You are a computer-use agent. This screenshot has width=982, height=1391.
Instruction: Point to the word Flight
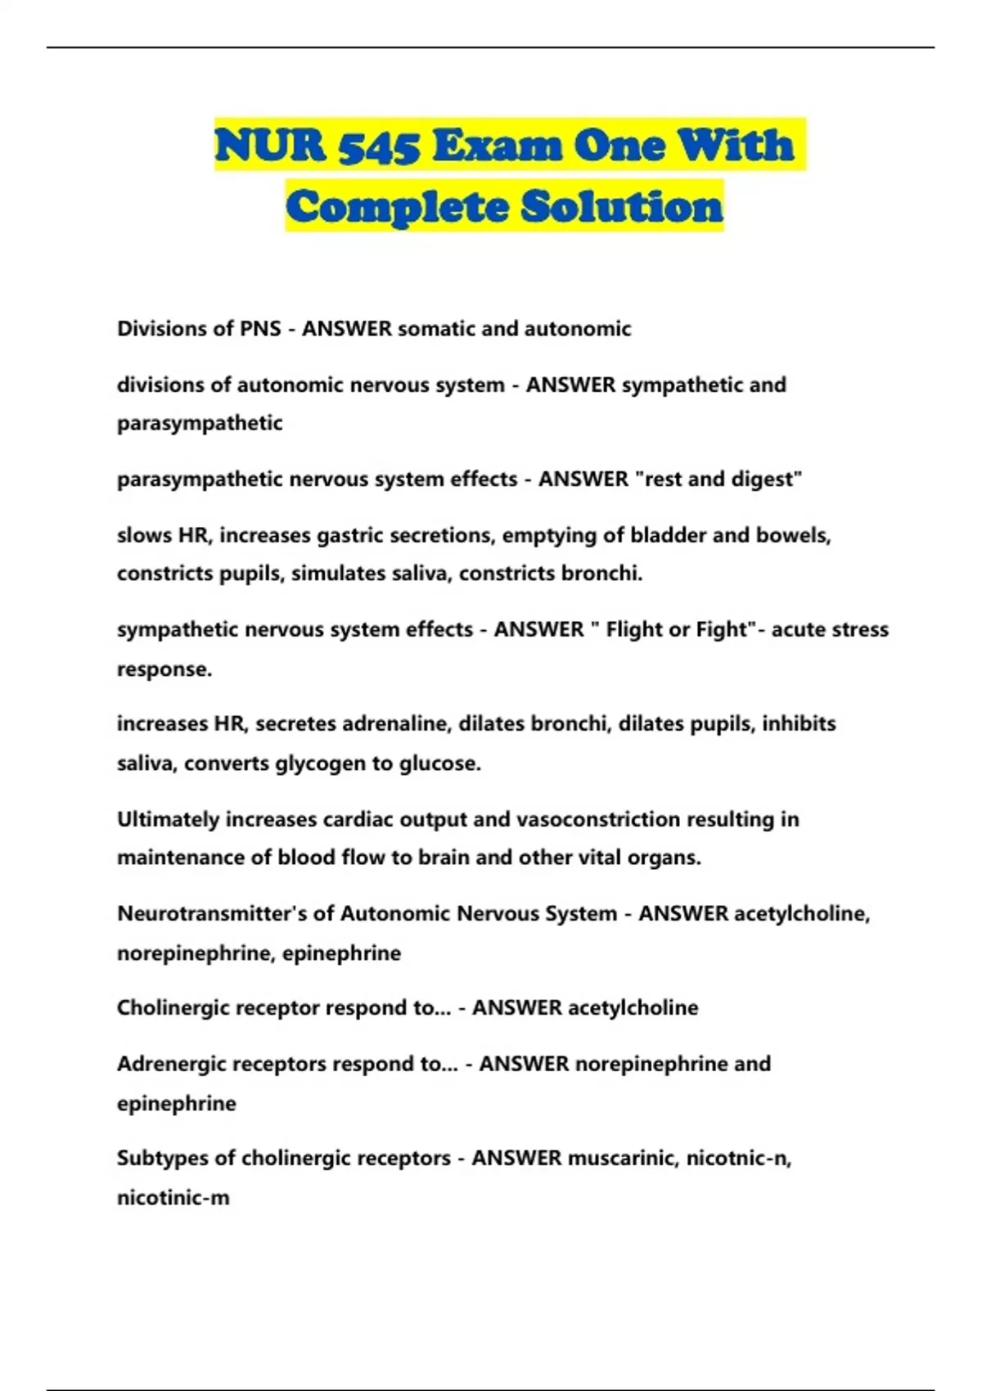pyautogui.click(x=635, y=630)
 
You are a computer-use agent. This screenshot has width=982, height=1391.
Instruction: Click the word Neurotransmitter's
pyautogui.click(x=212, y=914)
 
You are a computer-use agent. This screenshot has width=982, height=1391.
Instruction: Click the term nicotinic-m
pyautogui.click(x=173, y=1198)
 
